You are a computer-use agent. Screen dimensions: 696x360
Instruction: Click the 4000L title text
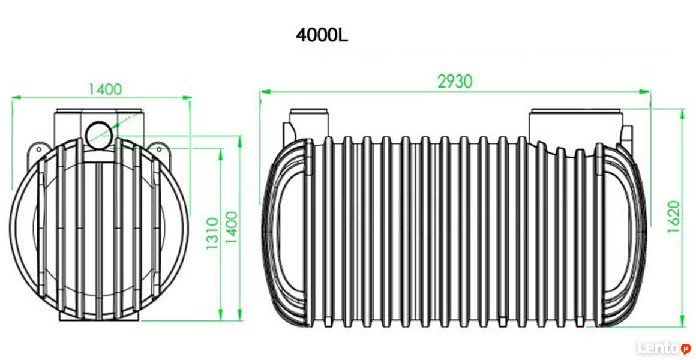(322, 35)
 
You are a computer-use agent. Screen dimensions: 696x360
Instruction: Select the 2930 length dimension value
(455, 81)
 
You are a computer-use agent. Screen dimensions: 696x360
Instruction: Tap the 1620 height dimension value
(673, 217)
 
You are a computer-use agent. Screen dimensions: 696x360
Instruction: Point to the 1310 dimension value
(212, 233)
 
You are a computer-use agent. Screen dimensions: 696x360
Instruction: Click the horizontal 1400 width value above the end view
(105, 89)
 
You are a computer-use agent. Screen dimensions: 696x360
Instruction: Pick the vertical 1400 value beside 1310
(232, 227)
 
